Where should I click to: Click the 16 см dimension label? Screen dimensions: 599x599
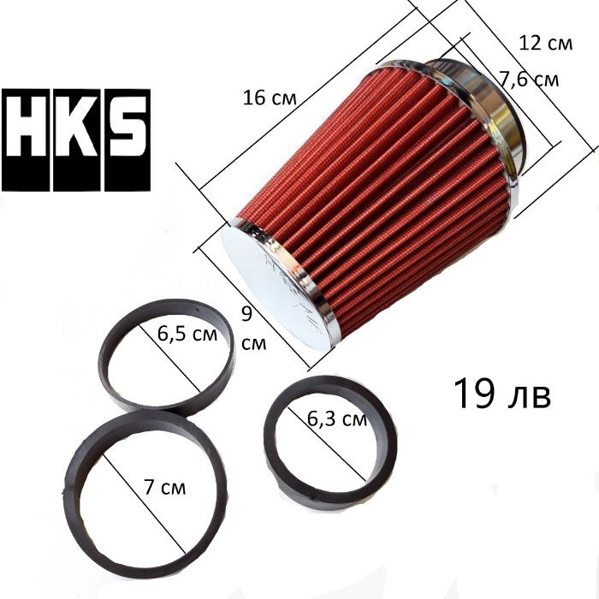coord(270,98)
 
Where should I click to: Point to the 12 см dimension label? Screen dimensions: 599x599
coord(546,43)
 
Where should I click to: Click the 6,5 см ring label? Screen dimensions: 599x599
coord(187,334)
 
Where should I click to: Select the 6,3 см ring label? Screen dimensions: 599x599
coord(337,419)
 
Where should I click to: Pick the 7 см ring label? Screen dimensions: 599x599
coord(165,487)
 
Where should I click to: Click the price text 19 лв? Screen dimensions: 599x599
coord(502,394)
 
